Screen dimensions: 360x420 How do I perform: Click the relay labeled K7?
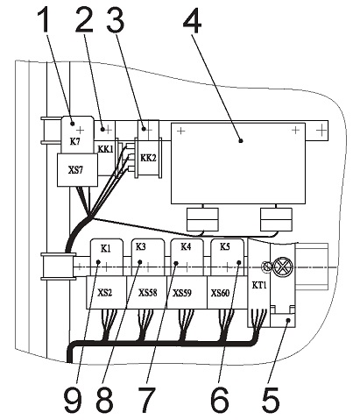[77, 134]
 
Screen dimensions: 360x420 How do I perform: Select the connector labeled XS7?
[77, 170]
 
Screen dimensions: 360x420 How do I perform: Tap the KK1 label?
[105, 149]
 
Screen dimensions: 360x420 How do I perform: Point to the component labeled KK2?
[148, 158]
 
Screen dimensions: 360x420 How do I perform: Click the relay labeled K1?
[106, 257]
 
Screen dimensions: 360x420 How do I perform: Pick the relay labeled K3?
[148, 257]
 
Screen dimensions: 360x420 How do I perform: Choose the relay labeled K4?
[187, 257]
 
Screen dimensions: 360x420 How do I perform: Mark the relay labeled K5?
[227, 257]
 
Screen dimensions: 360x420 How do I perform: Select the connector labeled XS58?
[147, 292]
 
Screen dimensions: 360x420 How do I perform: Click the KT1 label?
[259, 285]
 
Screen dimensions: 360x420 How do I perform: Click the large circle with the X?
[282, 267]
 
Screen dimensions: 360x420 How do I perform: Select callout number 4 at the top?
[192, 20]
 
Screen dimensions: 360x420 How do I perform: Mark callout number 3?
[116, 20]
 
